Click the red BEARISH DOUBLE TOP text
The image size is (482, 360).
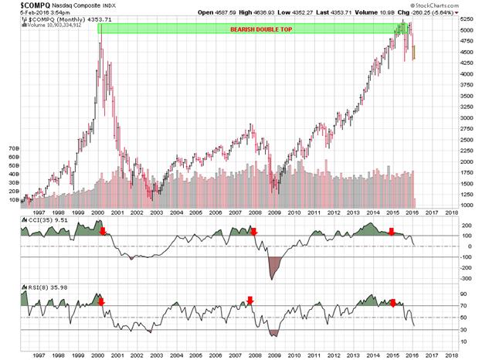click(x=260, y=29)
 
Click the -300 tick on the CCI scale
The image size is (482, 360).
click(x=467, y=278)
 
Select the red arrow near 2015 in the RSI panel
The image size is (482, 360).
click(x=392, y=302)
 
